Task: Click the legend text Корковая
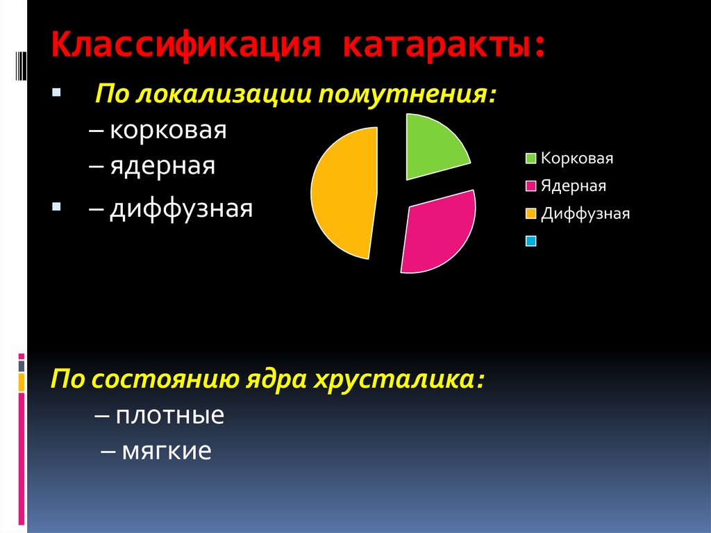[x=577, y=158]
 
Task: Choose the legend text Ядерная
[x=574, y=186]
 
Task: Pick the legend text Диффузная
[x=585, y=214]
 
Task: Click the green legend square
[x=530, y=158]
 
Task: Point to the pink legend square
[x=530, y=186]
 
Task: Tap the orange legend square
[x=530, y=214]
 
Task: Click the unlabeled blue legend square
[x=530, y=241]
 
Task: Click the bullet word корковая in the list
[x=167, y=131]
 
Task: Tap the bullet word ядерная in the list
[x=162, y=166]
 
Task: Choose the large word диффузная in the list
[x=181, y=208]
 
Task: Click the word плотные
[x=169, y=416]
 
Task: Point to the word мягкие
[x=167, y=452]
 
